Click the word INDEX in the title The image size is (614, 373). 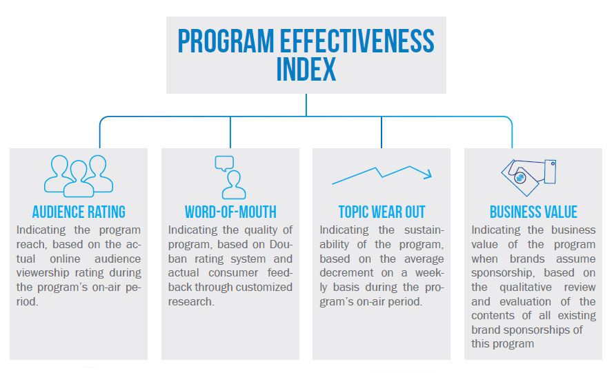coord(306,69)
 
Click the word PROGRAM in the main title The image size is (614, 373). coord(226,41)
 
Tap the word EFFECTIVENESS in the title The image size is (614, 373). coord(357,41)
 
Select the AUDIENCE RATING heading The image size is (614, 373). coord(79,212)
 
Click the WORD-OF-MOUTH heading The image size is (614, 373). coord(230,212)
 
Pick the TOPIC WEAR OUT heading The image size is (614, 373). coord(382,212)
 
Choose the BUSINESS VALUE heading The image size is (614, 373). coord(533,212)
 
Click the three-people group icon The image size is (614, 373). coord(79,176)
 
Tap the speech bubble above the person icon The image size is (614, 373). coord(224,163)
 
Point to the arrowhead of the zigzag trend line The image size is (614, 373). coord(429,174)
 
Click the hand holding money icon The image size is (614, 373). coord(529,177)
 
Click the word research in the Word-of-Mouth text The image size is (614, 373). coord(191,302)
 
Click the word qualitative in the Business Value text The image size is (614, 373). coord(526,288)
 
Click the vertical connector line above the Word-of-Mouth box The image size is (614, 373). coord(230,132)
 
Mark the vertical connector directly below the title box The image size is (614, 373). coord(306,105)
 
